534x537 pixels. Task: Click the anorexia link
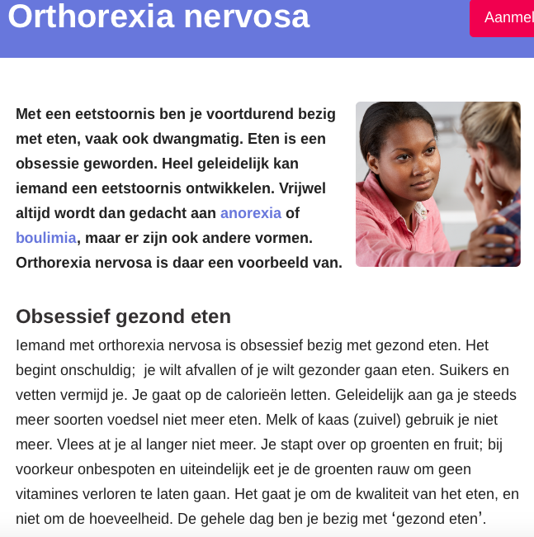point(250,213)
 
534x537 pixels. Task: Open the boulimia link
point(46,238)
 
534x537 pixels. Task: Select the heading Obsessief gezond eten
point(123,316)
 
